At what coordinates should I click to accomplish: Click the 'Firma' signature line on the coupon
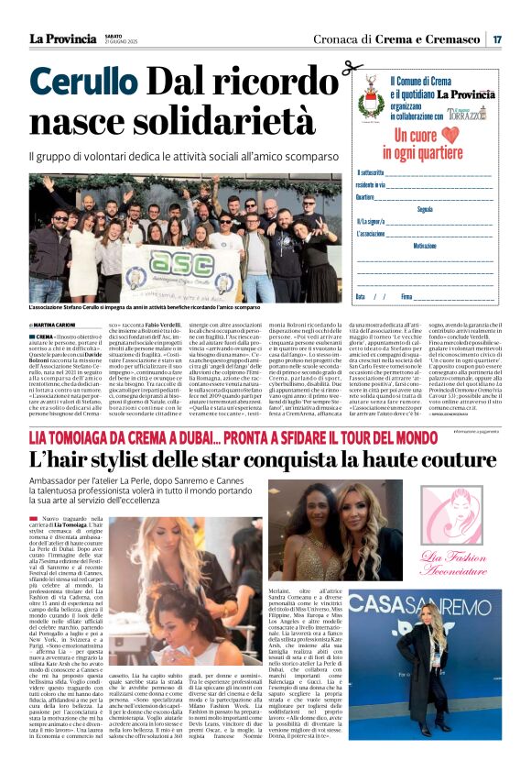point(458,297)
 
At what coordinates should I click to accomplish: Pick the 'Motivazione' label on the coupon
point(425,246)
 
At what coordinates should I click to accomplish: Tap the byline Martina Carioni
point(56,325)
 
